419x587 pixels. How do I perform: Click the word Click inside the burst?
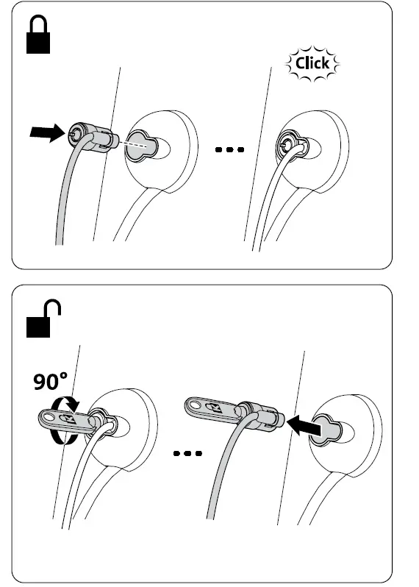pos(312,63)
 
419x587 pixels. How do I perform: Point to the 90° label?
pos(50,382)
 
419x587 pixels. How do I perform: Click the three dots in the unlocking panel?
pos(188,453)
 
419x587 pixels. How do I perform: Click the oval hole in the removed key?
pos(195,403)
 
